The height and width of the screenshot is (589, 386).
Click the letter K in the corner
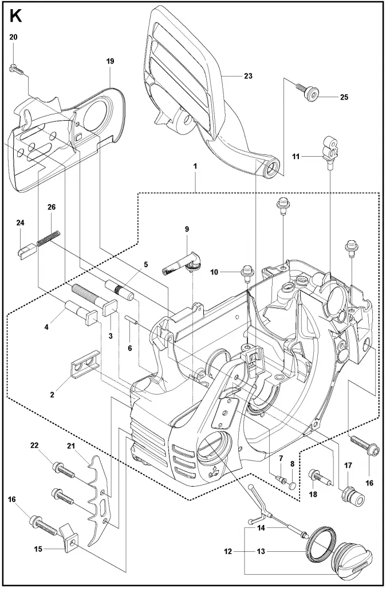coord(16,16)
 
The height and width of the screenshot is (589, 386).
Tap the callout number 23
coord(248,76)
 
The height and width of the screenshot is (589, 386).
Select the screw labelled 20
coord(15,69)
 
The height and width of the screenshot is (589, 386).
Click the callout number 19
coord(110,61)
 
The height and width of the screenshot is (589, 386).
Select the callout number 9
coord(187,229)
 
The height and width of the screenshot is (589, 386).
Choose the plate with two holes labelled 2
coord(85,364)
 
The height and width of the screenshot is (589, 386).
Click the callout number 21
coord(71,446)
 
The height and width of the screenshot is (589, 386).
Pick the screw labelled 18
coord(321,476)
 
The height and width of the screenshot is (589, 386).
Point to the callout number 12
coord(227,551)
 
